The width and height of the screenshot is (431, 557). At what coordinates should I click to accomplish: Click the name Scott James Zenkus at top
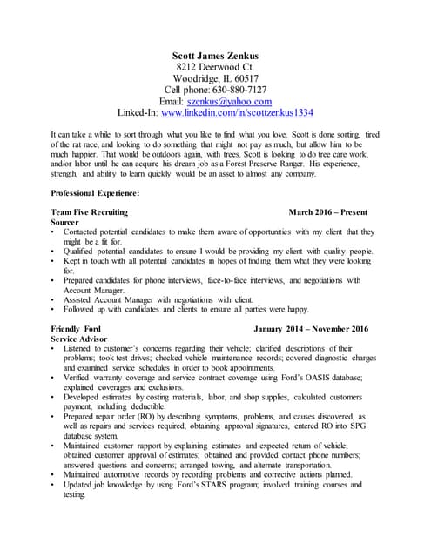(x=216, y=56)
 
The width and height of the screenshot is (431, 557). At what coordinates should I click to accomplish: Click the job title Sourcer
(x=65, y=222)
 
